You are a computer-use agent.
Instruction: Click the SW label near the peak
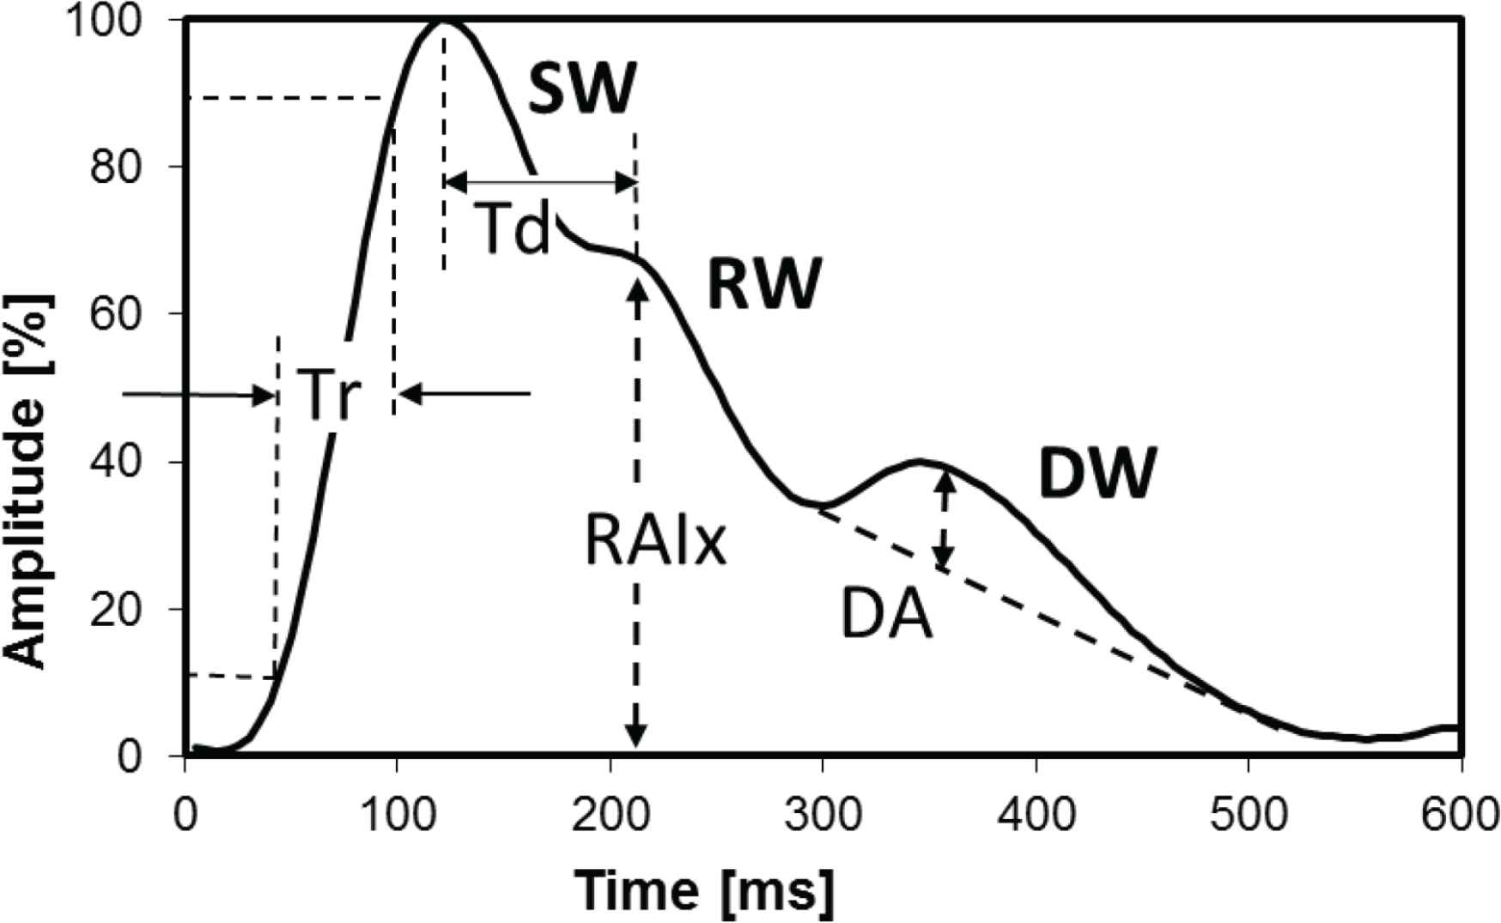coord(582,88)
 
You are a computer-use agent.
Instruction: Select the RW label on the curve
coord(763,283)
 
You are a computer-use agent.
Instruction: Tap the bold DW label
coord(1097,473)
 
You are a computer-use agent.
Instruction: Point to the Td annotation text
coord(512,229)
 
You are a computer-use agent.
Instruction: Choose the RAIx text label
coord(655,541)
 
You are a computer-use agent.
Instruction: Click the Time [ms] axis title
coord(704,890)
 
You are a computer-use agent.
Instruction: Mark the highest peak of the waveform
coord(445,20)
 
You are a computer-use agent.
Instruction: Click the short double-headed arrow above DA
coord(944,520)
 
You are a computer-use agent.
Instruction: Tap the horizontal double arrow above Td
coord(541,182)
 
